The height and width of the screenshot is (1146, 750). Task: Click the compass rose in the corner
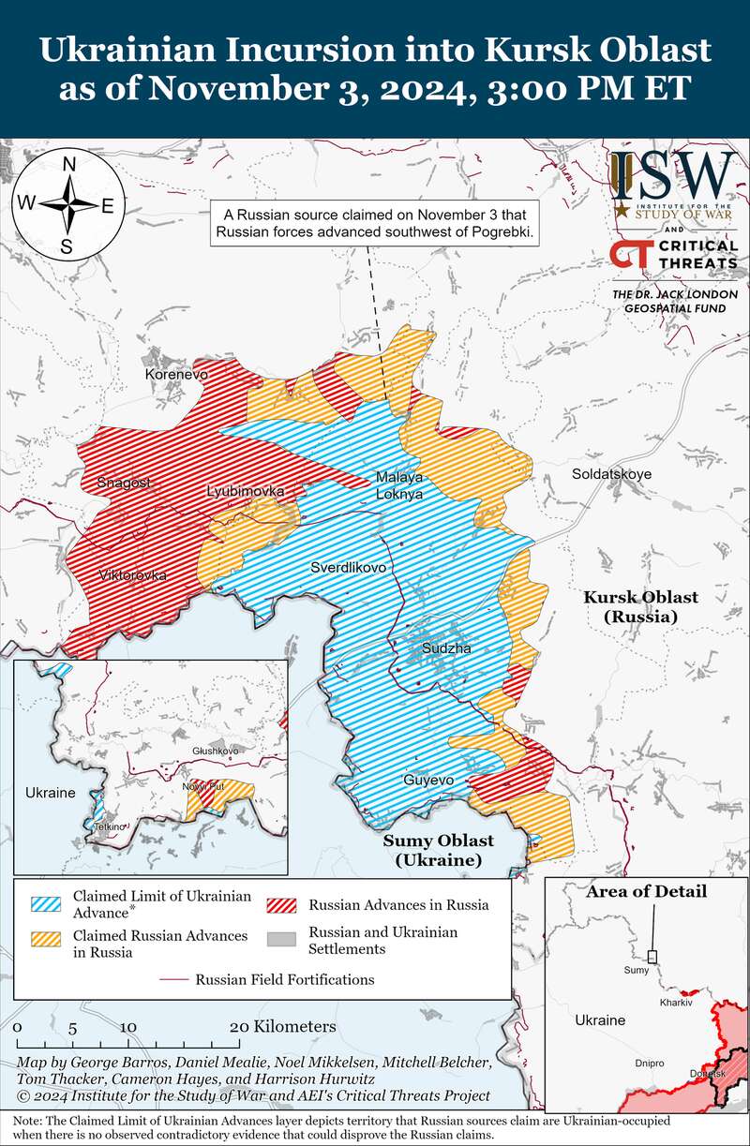(68, 205)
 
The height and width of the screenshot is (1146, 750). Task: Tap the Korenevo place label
(176, 374)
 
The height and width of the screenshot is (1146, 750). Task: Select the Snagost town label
(123, 483)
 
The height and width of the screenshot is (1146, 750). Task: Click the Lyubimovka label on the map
(246, 491)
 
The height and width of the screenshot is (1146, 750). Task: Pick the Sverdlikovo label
(349, 568)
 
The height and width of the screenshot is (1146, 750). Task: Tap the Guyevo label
(428, 780)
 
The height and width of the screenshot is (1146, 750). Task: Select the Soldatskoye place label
(611, 474)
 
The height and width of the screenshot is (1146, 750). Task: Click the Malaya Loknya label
(399, 484)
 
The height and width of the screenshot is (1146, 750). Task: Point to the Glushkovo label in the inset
(216, 752)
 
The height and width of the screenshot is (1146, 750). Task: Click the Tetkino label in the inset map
(109, 826)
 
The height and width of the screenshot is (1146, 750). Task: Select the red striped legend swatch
(284, 904)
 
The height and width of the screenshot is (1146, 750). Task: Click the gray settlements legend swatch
(284, 940)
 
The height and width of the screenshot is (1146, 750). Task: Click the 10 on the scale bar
(128, 1027)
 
